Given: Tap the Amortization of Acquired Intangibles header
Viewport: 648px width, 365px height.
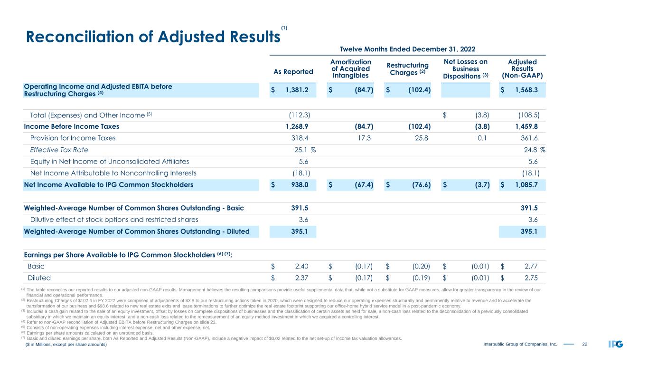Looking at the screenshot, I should (x=350, y=68).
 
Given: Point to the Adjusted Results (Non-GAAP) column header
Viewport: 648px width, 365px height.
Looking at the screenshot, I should (x=522, y=68).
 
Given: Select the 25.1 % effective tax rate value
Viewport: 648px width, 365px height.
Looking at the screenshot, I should (x=305, y=150).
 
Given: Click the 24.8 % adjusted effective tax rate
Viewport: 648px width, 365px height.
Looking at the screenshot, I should (x=533, y=150).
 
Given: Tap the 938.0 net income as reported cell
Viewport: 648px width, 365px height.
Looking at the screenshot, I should (x=303, y=185).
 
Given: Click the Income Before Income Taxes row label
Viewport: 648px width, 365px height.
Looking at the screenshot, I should (x=72, y=127).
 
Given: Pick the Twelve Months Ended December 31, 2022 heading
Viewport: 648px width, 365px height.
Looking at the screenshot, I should (x=407, y=49).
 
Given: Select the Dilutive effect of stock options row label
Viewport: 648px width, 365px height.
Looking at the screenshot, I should (x=114, y=220).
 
